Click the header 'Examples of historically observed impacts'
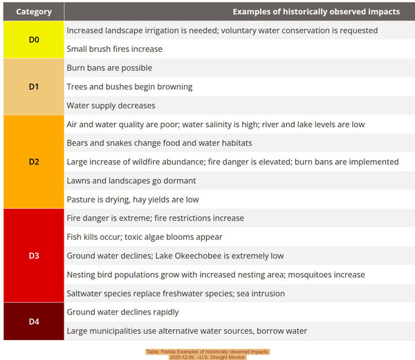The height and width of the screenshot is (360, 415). click(x=315, y=12)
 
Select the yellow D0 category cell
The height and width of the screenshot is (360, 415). click(x=34, y=40)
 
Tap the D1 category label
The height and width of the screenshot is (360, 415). click(x=34, y=87)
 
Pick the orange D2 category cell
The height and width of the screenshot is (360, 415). click(x=34, y=162)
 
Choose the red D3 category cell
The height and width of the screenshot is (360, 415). click(x=34, y=256)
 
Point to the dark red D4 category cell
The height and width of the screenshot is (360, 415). click(x=34, y=321)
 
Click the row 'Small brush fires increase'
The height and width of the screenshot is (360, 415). click(x=115, y=49)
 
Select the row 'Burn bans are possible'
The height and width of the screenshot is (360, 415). click(x=109, y=68)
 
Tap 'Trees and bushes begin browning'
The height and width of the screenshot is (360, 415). click(x=129, y=87)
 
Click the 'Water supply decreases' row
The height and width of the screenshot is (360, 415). click(x=111, y=106)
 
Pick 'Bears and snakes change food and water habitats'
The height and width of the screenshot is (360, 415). click(x=159, y=143)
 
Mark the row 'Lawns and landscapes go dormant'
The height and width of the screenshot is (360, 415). click(x=131, y=180)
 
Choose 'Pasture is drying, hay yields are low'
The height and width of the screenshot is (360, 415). click(x=133, y=200)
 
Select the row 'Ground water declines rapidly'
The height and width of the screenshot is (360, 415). click(x=122, y=312)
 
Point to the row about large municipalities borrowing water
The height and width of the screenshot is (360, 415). click(x=187, y=331)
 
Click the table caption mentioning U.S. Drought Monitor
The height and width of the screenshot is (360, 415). click(x=207, y=354)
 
